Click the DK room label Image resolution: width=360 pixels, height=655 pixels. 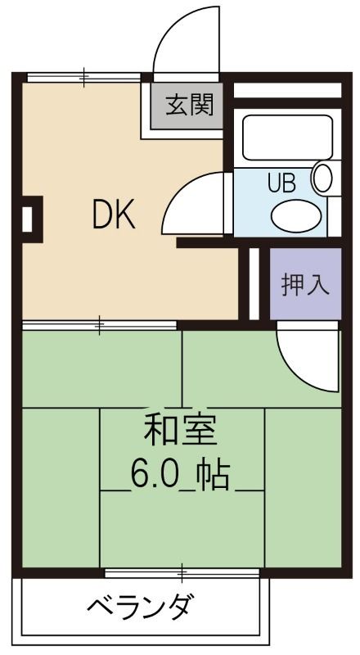click(x=112, y=216)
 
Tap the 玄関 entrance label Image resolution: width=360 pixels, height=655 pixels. click(x=190, y=105)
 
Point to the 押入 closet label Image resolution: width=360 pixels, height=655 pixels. click(x=305, y=284)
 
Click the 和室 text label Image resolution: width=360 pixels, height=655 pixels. click(x=181, y=430)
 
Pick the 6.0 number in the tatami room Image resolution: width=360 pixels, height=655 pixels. click(x=152, y=475)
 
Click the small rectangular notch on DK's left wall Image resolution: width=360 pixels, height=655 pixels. click(x=29, y=219)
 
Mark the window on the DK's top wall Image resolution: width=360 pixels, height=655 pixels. click(x=84, y=79)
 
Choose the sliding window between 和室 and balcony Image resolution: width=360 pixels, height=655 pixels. click(x=182, y=571)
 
